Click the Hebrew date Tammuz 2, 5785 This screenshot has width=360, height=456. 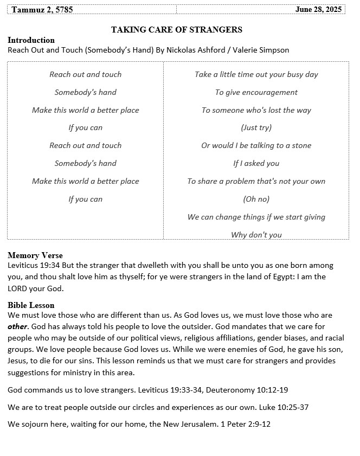point(42,10)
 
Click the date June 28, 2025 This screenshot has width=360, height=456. point(319,10)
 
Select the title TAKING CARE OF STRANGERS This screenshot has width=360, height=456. point(177,30)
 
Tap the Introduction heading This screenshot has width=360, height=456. point(31,40)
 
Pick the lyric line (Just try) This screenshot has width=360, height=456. point(256,128)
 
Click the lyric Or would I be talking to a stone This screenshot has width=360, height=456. point(256,145)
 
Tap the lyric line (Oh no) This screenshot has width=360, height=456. point(256,199)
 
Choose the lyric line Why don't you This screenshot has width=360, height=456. point(256,235)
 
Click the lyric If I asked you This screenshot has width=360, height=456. point(256,163)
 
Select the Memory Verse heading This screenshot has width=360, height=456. point(35,255)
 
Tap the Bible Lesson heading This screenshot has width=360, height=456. point(31,305)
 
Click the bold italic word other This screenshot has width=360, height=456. point(17,327)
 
